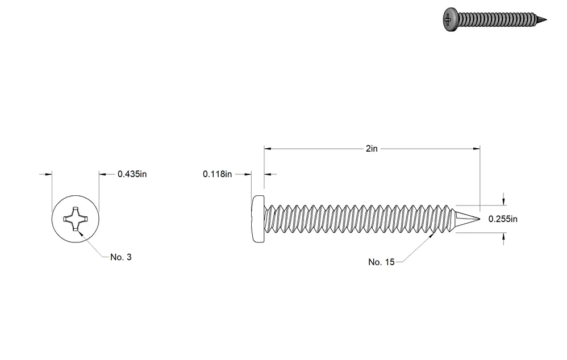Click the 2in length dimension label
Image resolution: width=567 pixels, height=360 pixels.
372,149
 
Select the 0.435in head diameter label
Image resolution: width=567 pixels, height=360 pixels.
132,174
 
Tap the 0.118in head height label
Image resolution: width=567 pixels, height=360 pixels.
217,174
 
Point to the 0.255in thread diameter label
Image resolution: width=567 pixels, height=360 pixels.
503,219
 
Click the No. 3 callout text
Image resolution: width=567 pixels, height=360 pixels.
121,257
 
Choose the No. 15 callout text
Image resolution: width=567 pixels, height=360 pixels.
381,262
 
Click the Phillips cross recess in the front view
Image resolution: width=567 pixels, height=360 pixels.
75,219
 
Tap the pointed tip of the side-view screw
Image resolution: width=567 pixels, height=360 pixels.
480,219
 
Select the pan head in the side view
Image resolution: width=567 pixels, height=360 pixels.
258,219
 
